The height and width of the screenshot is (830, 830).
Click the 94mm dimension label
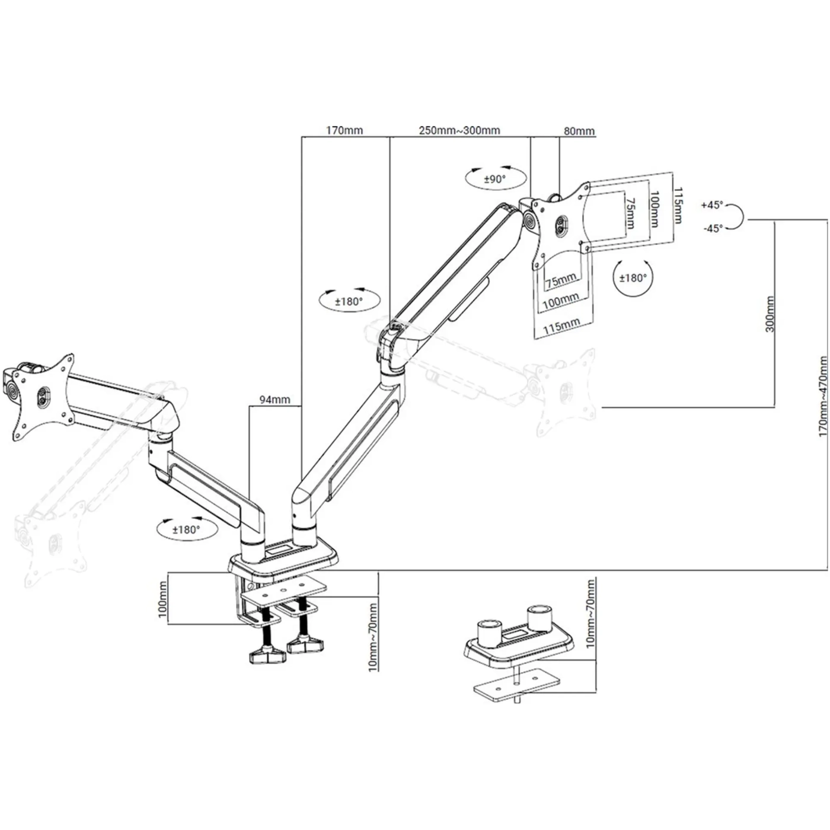coord(275,400)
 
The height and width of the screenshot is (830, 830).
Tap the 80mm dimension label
coord(579,131)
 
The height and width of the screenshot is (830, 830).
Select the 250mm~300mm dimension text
coord(459,130)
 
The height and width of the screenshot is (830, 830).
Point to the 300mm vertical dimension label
coord(770,314)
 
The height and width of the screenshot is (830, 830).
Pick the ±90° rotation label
coord(494,179)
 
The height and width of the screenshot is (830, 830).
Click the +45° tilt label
coord(712,205)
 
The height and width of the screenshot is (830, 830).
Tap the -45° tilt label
coord(713,228)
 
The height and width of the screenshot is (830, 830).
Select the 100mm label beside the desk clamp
coord(163,598)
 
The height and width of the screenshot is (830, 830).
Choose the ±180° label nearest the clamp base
coord(186,529)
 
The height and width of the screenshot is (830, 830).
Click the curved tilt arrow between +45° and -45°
coord(736,216)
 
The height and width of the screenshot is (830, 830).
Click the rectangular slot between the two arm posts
coord(278,552)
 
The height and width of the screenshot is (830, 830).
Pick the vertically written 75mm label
coord(630,213)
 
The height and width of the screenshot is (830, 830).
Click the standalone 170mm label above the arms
coord(344,130)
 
